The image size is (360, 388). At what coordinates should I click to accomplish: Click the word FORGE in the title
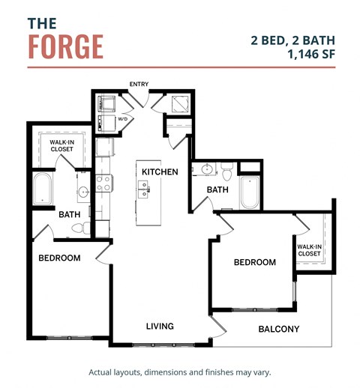66,46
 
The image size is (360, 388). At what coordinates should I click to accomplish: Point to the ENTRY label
139,84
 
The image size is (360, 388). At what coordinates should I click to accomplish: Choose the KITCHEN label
160,172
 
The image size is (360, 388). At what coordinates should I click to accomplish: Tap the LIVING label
160,326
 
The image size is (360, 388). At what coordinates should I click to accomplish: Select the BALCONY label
278,329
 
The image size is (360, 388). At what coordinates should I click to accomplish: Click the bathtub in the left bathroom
42,190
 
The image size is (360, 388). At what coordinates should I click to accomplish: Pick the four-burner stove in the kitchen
103,184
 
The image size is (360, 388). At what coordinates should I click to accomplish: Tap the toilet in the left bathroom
86,226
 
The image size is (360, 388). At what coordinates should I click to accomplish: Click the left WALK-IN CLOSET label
61,145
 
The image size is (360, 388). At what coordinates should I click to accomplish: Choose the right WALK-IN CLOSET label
308,249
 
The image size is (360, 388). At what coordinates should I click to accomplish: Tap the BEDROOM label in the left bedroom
59,258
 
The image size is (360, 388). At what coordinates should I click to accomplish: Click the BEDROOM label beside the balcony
254,262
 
